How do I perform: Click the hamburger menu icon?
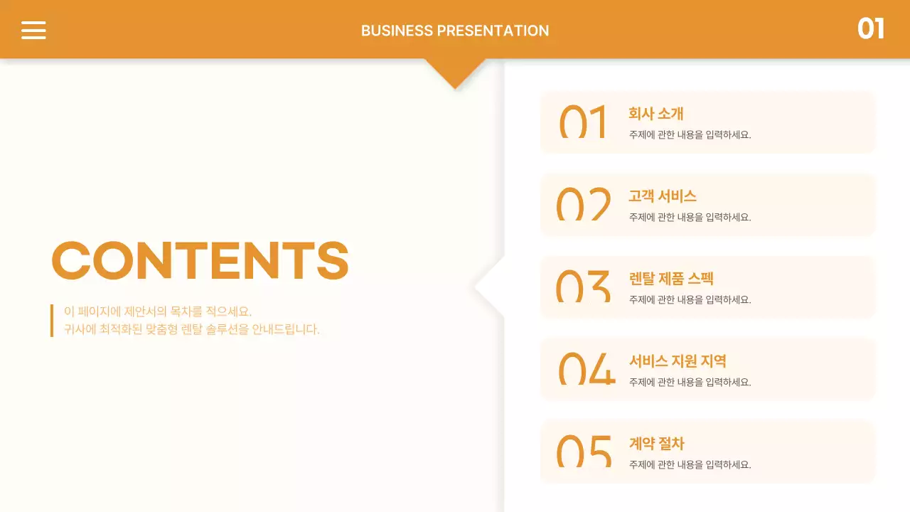(33, 30)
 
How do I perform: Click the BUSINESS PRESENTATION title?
(455, 31)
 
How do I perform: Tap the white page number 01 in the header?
(870, 29)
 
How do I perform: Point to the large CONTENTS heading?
(200, 260)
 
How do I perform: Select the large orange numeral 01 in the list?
(583, 122)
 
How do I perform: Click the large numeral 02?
(583, 204)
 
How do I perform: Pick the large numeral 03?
(583, 287)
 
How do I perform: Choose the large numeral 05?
(584, 452)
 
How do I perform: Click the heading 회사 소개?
(655, 114)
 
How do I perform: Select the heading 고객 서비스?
(662, 196)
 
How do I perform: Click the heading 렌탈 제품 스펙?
(671, 279)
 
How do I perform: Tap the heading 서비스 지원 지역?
(678, 361)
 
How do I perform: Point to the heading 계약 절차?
(656, 444)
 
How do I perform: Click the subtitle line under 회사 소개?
(690, 134)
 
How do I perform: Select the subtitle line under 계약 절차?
(690, 464)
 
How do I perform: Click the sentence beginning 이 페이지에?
(158, 311)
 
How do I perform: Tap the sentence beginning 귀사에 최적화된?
(192, 329)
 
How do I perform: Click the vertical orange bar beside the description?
(52, 320)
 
